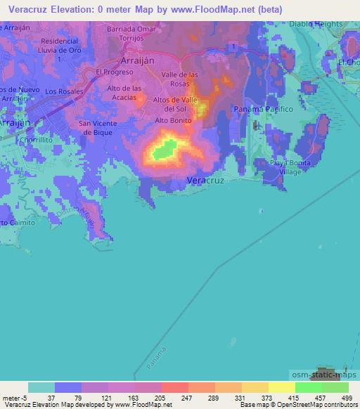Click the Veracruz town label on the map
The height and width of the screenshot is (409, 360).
pyautogui.click(x=206, y=181)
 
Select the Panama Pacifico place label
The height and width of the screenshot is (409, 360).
pyautogui.click(x=262, y=110)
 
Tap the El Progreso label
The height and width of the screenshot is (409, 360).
pyautogui.click(x=115, y=72)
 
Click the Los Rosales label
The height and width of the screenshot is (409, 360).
pyautogui.click(x=64, y=91)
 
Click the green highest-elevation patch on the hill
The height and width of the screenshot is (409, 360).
pyautogui.click(x=165, y=149)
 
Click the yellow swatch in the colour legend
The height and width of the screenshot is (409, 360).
pyautogui.click(x=281, y=387)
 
